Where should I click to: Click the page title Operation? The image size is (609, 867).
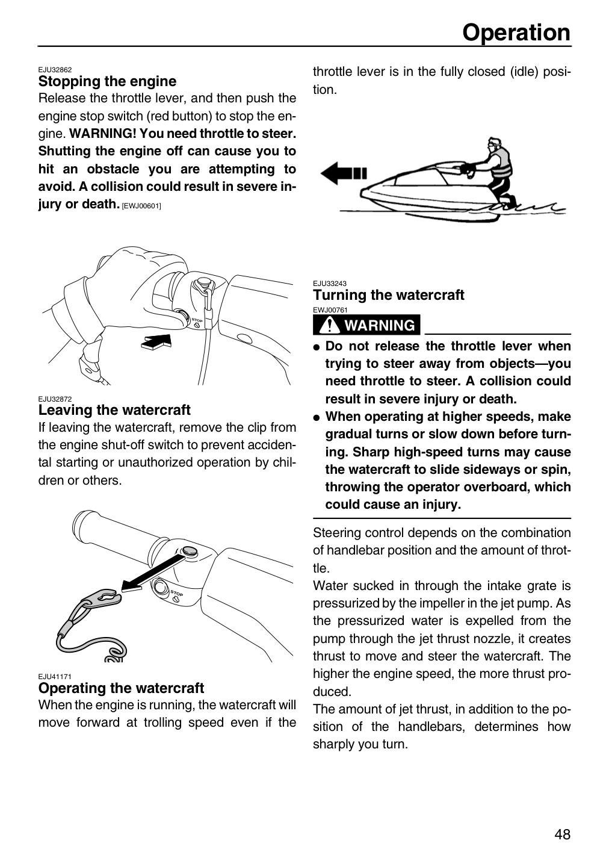(x=516, y=33)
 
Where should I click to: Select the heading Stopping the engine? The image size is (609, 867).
(x=107, y=81)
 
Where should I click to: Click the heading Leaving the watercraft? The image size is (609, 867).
(x=114, y=409)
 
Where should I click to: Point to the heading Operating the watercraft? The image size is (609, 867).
(x=121, y=688)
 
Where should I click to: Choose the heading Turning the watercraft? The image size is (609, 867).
(x=389, y=295)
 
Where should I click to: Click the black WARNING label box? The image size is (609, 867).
(x=366, y=325)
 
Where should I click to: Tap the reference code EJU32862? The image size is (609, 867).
(x=55, y=70)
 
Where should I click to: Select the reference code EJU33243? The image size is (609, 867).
(x=330, y=284)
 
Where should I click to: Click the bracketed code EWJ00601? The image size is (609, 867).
(x=141, y=206)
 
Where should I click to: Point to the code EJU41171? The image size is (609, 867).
(x=55, y=677)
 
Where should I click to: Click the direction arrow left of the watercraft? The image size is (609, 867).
(x=344, y=173)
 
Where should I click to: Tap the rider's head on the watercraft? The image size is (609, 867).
(x=494, y=145)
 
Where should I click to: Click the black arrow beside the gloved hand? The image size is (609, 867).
(x=156, y=341)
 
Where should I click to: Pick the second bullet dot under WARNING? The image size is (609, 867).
(x=317, y=418)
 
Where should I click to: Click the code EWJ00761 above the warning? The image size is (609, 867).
(x=330, y=310)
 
